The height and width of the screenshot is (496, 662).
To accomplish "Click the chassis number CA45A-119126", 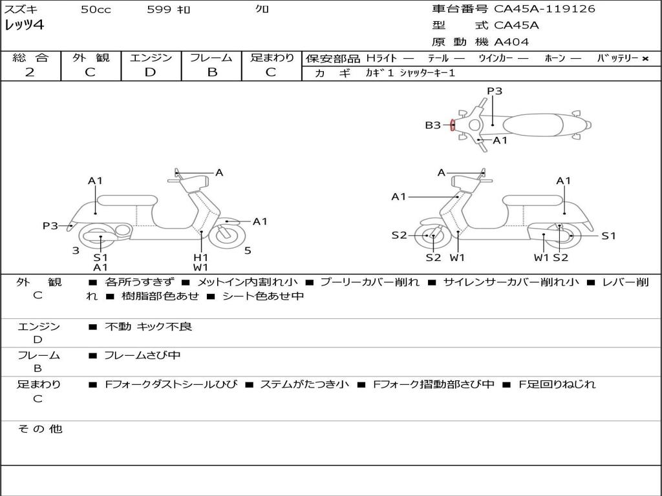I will (544, 9).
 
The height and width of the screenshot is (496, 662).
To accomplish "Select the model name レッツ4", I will (24, 26).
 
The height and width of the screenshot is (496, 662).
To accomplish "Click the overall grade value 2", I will (30, 72).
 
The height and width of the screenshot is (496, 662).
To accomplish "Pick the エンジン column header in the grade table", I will (151, 57).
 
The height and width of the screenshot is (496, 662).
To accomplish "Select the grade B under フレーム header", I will (211, 72).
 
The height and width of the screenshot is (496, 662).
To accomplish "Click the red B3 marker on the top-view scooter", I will (453, 125).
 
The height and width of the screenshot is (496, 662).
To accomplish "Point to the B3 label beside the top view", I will (432, 125).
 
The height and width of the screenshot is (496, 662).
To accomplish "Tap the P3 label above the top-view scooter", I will (495, 91).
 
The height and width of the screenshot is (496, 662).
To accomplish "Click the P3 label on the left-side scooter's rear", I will (50, 225).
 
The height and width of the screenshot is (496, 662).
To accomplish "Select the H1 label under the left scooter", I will (200, 257).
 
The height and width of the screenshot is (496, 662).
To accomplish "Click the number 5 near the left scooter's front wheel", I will (248, 251).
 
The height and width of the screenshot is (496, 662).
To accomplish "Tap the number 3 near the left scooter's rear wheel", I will (76, 251).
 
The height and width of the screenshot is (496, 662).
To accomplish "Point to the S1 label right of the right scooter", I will (608, 236).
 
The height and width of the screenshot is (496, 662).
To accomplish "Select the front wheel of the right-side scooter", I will (432, 236).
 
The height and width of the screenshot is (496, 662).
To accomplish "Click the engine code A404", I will (511, 42).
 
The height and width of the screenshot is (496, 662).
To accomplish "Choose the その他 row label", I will (39, 429).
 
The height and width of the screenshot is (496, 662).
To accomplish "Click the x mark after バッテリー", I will (645, 58).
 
